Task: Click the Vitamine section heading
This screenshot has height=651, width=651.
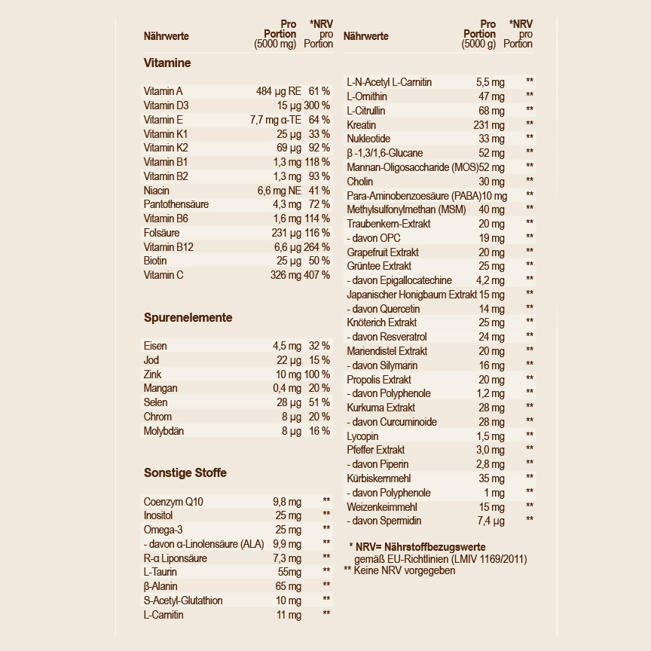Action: point(167,63)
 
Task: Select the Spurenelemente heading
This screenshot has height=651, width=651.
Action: point(188,318)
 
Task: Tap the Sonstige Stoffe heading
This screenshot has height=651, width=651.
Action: point(185,473)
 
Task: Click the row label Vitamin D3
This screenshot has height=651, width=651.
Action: point(167,105)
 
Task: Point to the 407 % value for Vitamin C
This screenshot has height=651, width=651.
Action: point(317,275)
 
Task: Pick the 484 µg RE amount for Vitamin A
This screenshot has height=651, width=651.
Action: point(278,91)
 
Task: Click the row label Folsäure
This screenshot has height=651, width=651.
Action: point(161,233)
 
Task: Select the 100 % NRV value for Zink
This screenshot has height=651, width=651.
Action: point(317,374)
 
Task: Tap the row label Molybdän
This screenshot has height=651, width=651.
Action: point(164,431)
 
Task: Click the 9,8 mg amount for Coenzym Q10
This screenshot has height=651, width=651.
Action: point(286,502)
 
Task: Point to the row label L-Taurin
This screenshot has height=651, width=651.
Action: point(160,573)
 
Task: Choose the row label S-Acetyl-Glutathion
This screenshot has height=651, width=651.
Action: point(183,601)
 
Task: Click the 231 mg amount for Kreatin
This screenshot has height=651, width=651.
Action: point(489,125)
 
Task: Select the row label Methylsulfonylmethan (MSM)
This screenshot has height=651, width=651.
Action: point(406,209)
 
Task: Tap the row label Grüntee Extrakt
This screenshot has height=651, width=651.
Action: point(379,266)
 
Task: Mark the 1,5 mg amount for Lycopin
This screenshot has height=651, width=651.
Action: point(490,436)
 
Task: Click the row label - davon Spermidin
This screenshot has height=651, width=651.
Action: point(384,521)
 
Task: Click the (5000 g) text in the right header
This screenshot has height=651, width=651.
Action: point(478,44)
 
